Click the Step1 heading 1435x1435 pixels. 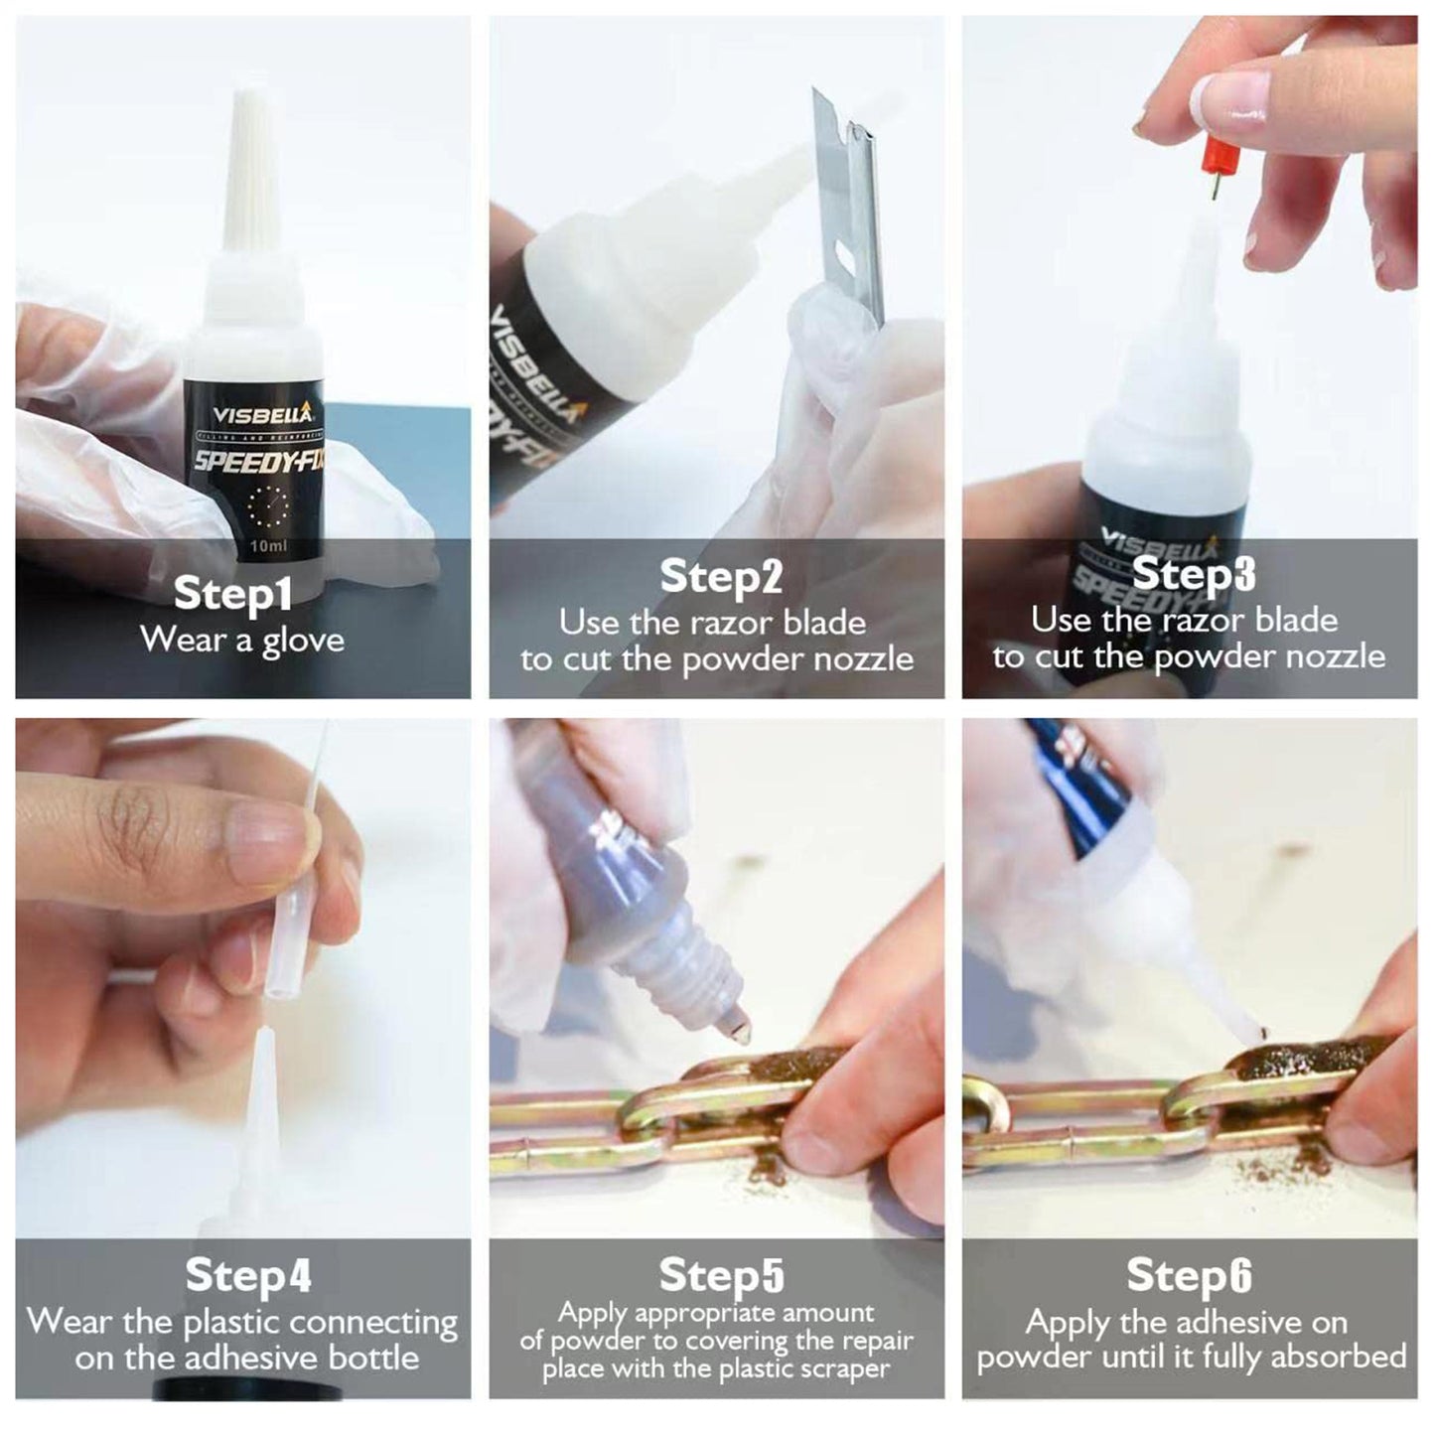[232, 593]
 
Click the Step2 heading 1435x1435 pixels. [721, 577]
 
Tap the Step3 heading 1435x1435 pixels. [1193, 573]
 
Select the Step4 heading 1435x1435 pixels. [248, 1275]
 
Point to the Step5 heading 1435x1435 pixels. [721, 1275]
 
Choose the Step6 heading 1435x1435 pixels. [1189, 1275]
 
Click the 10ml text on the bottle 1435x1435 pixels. [268, 546]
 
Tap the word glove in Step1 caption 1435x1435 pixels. [304, 641]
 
